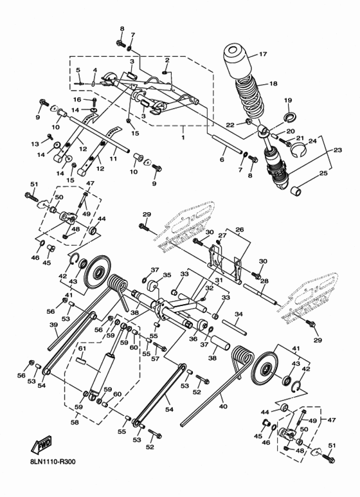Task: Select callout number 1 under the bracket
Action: point(183,138)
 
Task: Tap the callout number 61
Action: point(82,348)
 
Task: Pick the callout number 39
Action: point(53,325)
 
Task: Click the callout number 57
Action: point(154,360)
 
